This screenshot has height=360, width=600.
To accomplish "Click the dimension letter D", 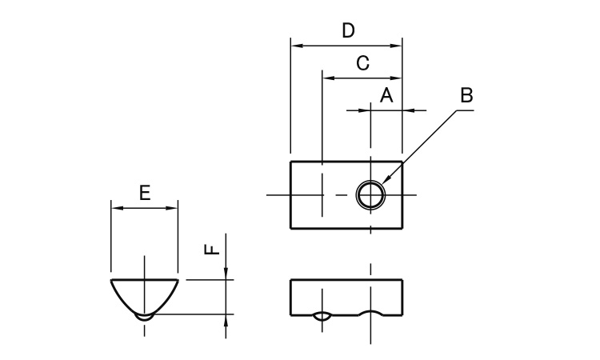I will pos(348,30).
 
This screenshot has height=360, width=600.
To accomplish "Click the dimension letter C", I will pos(362,63).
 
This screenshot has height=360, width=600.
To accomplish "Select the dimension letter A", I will pos(386,95).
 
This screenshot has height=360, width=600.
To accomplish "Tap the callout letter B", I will pos(466,95).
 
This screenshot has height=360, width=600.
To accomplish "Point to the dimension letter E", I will pos(144,193).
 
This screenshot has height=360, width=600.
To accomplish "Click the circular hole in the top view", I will pos(370,194).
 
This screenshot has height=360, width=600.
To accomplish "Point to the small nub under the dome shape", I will pos(144,317).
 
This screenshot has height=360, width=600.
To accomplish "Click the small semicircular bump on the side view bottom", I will pos(322,316).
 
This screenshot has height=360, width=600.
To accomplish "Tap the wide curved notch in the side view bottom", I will pos(370,314).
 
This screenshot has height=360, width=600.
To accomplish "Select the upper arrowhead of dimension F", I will pos(227,274).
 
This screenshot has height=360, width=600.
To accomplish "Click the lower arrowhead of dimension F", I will pos(227,320).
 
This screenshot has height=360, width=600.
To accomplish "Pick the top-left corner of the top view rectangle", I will pos(290,162).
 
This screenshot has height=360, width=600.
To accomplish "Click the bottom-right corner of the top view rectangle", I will pos(402,229).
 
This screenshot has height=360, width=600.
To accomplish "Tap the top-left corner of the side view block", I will pos(290,280).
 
